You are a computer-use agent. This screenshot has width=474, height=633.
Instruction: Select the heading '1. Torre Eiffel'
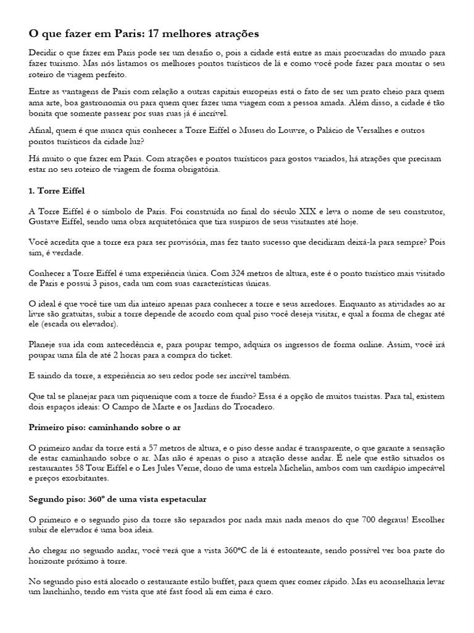(57, 191)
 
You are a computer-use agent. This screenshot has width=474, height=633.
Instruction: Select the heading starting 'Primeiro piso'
(104, 428)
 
